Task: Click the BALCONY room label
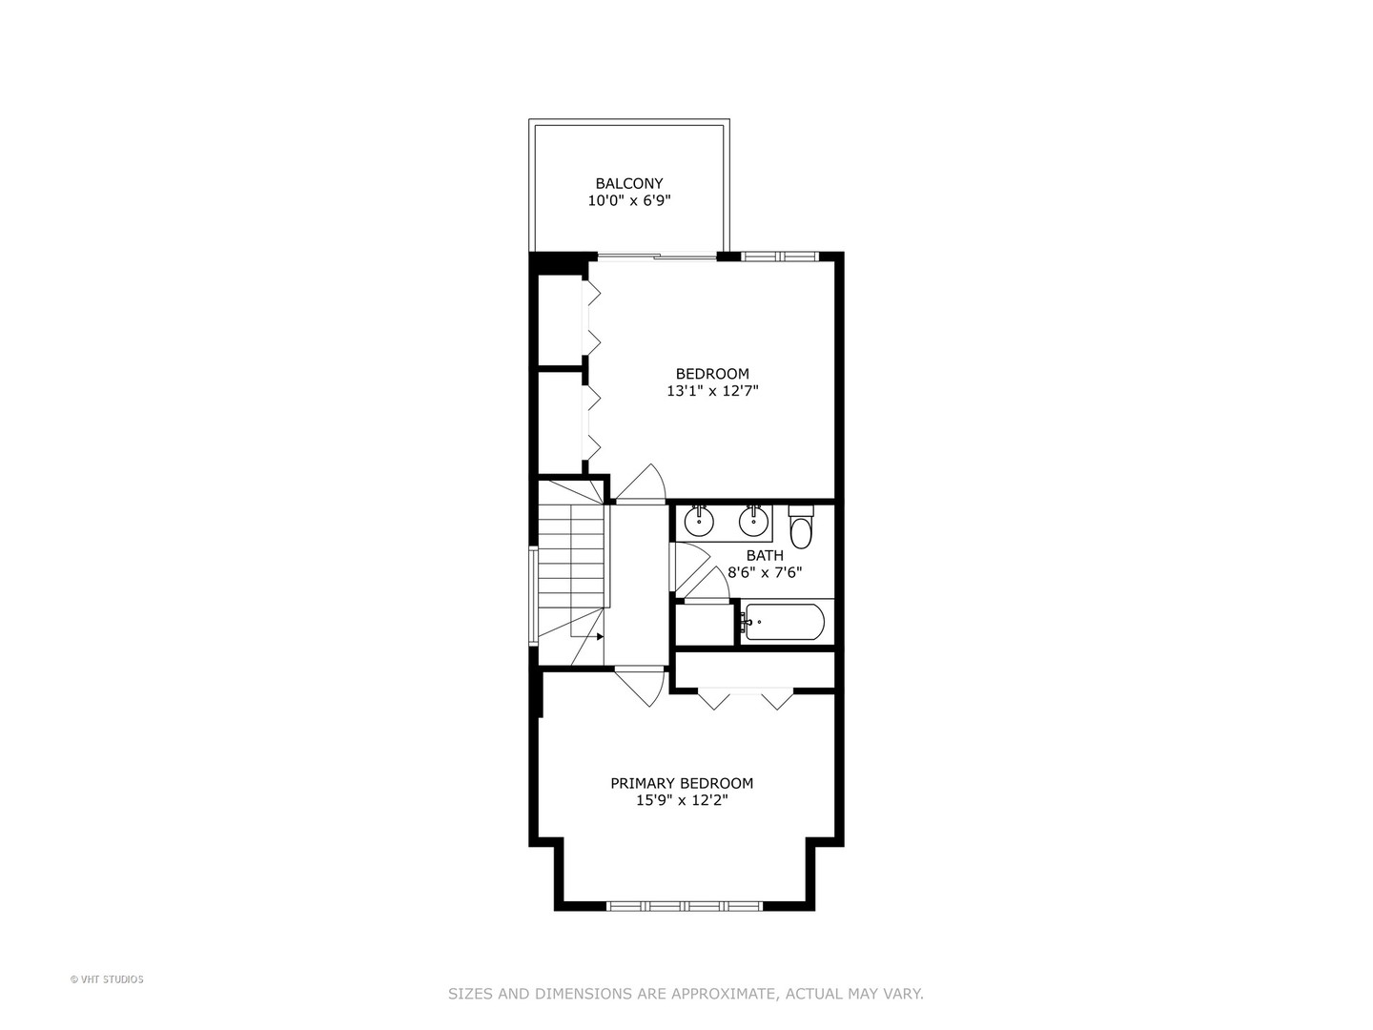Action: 629,183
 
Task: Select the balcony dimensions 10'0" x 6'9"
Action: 629,201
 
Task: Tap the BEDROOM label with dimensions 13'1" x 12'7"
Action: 712,374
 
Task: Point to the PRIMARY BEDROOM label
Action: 682,783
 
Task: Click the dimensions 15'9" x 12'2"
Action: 682,801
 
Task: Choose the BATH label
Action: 765,555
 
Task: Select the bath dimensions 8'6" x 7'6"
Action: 765,573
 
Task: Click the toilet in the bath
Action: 801,528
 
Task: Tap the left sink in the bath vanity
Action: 700,521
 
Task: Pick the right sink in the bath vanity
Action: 754,521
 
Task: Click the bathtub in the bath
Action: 784,623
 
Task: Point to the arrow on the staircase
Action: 599,636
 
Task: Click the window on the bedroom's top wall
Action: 780,256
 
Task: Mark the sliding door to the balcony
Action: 656,256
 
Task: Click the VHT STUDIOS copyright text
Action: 107,978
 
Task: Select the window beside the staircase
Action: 534,596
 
